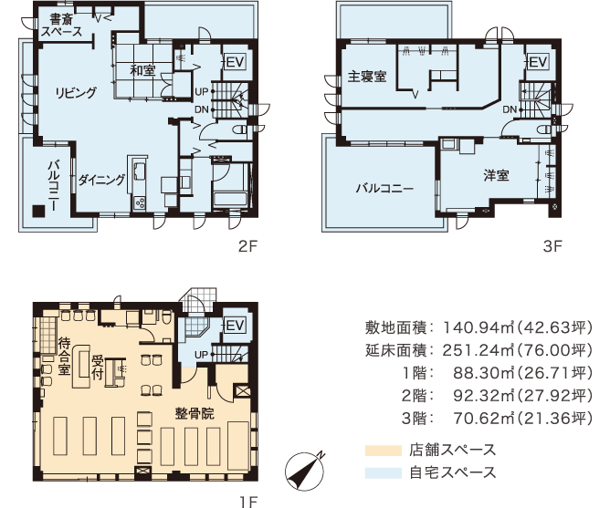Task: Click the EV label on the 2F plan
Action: pyautogui.click(x=234, y=62)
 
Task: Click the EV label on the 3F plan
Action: pyautogui.click(x=537, y=62)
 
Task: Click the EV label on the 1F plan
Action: pyautogui.click(x=234, y=326)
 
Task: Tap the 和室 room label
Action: pyautogui.click(x=142, y=69)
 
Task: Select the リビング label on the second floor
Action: pyautogui.click(x=75, y=92)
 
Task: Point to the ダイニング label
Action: pyautogui.click(x=100, y=180)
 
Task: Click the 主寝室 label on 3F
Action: pyautogui.click(x=367, y=77)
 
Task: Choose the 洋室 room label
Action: pyautogui.click(x=496, y=174)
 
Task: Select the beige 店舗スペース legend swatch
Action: pyautogui.click(x=382, y=450)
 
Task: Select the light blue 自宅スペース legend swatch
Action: pyautogui.click(x=382, y=472)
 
